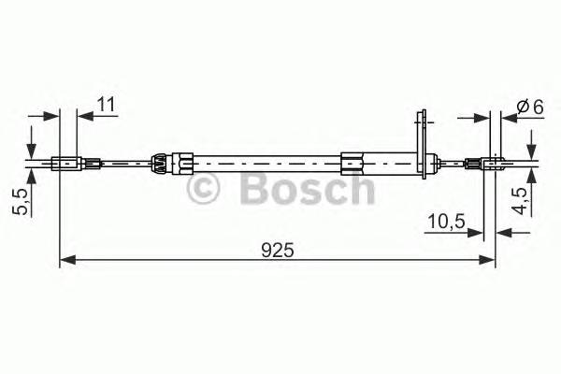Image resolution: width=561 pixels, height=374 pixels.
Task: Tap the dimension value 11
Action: coord(106,105)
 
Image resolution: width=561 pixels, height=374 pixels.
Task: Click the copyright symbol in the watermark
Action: coord(208,189)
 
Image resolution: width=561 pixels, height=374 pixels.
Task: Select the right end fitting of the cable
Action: coord(488,165)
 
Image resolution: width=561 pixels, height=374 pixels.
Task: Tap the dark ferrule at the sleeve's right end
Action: coord(353,165)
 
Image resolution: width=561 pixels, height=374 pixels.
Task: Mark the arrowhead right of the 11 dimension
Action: coord(83,116)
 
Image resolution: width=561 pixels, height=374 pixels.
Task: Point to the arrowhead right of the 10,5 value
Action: coord(477,233)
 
